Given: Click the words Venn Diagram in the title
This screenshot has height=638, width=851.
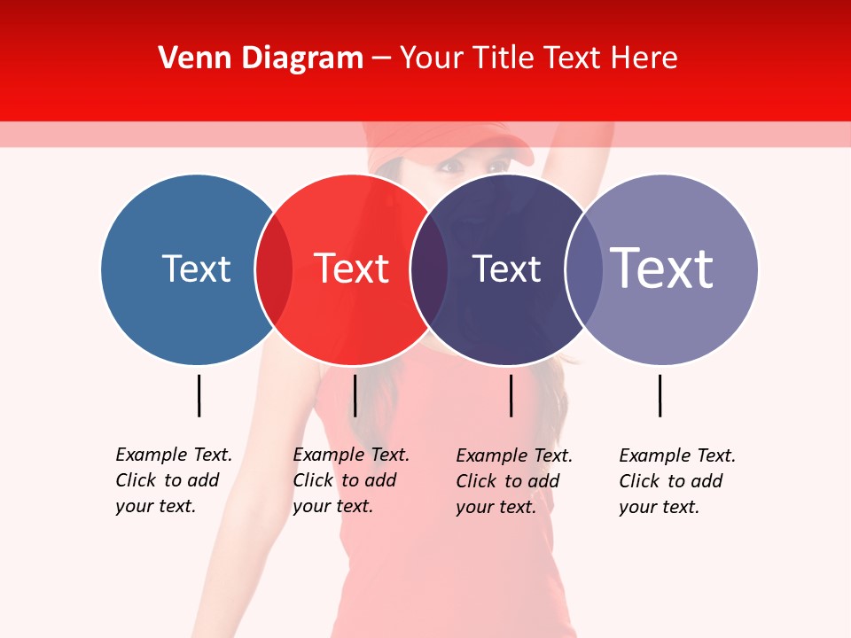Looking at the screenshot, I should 261,58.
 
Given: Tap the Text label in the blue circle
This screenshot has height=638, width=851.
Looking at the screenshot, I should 196,268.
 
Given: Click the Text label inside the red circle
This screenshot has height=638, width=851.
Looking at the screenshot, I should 351,268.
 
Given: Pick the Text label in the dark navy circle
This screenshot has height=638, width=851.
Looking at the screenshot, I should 506,268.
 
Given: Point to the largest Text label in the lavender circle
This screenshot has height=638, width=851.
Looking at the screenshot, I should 661,268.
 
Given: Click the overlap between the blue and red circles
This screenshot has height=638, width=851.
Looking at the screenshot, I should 274,269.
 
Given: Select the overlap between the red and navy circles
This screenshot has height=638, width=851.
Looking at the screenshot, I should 429,269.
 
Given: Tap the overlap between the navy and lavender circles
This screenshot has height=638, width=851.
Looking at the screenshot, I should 583,269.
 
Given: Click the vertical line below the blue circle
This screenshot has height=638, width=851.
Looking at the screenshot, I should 199,395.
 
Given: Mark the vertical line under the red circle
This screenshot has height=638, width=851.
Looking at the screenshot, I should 355,395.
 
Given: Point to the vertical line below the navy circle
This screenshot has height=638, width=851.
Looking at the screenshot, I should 511,395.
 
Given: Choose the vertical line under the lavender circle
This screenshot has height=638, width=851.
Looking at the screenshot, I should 660,395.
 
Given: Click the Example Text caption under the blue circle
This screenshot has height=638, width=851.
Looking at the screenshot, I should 173,480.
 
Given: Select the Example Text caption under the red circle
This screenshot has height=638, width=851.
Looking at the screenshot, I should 350,480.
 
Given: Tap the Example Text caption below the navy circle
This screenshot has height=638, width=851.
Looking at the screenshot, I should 513,481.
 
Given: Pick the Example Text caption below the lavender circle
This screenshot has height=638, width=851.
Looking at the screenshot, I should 676,481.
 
